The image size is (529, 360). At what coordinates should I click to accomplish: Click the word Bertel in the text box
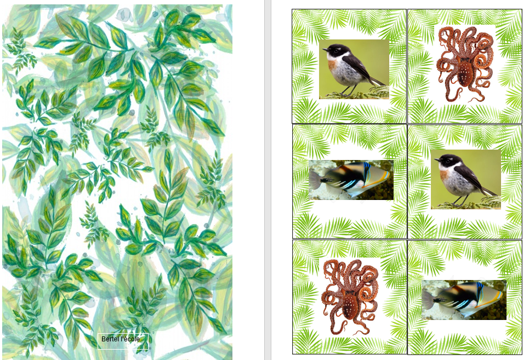tap(110, 339)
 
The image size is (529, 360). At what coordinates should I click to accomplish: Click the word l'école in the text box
tap(130, 339)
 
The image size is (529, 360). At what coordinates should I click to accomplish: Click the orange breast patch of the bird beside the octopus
tap(332, 64)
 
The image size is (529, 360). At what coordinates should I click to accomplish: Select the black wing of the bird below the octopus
tap(472, 175)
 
